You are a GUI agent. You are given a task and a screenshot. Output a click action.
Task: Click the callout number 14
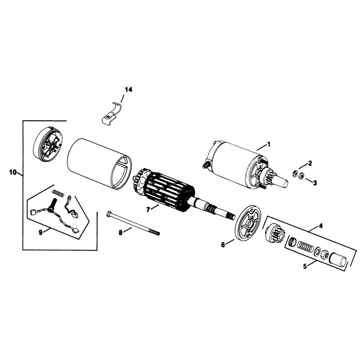(129, 90)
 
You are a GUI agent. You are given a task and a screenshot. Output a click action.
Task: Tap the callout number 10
(13, 172)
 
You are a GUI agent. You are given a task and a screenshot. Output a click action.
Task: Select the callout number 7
(148, 209)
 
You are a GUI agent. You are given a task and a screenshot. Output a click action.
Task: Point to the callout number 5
(305, 266)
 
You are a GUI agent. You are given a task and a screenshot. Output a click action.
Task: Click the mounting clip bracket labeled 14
(111, 115)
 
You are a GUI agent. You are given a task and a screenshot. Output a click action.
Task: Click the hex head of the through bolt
(109, 214)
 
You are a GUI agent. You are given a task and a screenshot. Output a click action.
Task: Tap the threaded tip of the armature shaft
(230, 216)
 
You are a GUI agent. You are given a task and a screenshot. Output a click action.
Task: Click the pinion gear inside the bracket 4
(275, 232)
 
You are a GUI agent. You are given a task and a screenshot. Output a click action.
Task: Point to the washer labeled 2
(295, 173)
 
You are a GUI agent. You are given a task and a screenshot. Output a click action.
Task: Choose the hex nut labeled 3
(302, 175)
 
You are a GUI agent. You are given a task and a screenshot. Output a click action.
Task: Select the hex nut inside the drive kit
(325, 254)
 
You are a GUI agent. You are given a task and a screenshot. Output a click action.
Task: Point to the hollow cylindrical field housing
(99, 164)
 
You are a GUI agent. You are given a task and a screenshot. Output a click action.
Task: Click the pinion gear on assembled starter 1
(269, 175)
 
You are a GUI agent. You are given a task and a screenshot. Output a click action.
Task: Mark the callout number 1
(269, 144)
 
